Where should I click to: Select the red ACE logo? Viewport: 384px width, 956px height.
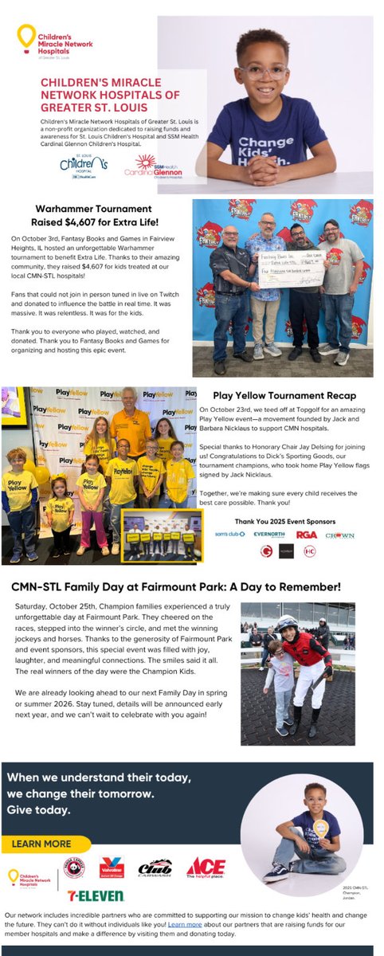tap(206, 868)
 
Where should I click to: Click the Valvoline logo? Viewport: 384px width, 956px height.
tap(111, 868)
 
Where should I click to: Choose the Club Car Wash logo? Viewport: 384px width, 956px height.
tap(155, 868)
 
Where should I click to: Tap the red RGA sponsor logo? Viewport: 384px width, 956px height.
tap(307, 535)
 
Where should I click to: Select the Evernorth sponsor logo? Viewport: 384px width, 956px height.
tap(268, 535)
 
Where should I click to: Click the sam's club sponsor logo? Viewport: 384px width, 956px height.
tap(230, 535)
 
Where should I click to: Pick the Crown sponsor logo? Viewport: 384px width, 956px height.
tap(340, 535)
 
